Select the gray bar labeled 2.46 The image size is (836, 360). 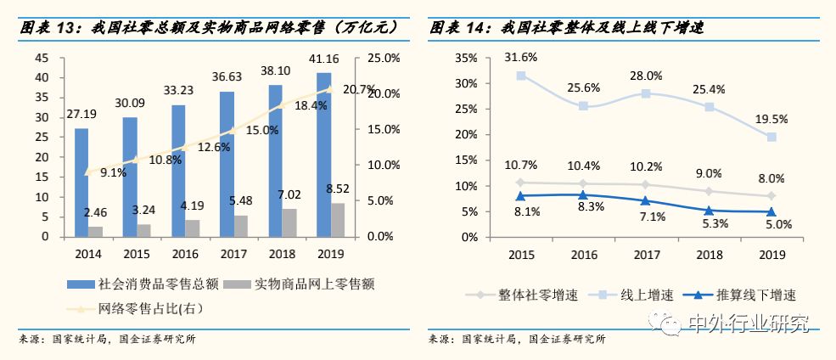click(95, 231)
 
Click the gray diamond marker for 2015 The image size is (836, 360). click(521, 183)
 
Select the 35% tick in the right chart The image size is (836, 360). click(468, 58)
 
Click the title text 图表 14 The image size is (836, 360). click(459, 28)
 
